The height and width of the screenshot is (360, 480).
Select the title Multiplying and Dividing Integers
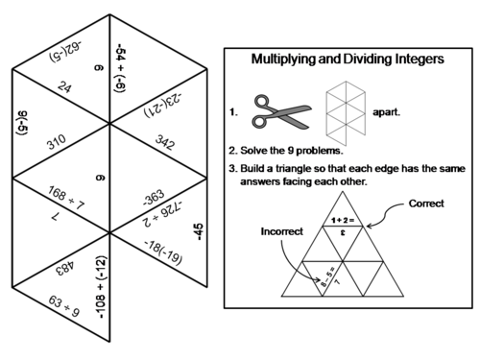347,59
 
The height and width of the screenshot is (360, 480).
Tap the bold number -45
200,231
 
